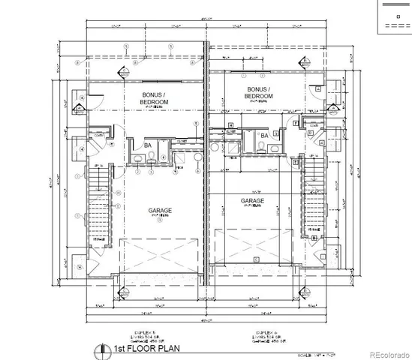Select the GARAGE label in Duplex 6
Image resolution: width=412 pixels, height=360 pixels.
click(x=251, y=201)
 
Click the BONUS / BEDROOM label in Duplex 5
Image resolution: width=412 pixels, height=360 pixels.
click(x=152, y=98)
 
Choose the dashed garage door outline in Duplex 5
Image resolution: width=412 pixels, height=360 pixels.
click(x=158, y=255)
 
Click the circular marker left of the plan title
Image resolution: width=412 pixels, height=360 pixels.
click(x=97, y=349)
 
